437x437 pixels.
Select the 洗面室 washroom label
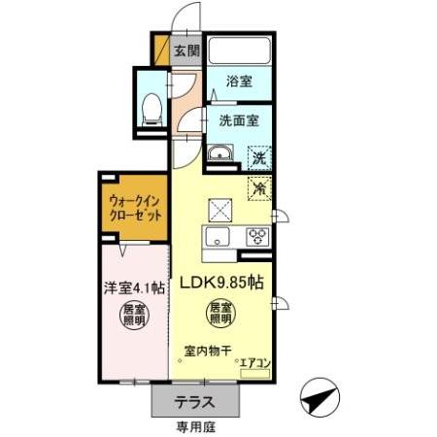click(x=237, y=122)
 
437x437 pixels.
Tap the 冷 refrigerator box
click(x=258, y=188)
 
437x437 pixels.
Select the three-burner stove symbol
click(x=257, y=236)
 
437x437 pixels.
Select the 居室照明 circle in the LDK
click(x=220, y=314)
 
